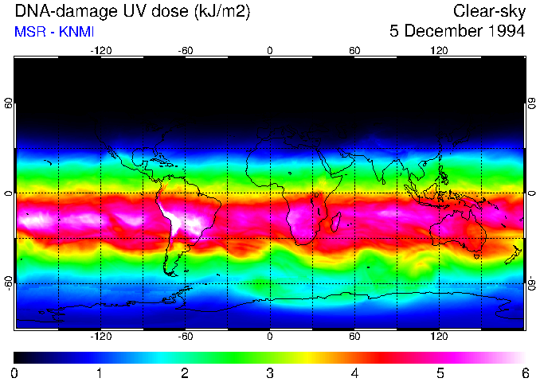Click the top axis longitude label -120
pyautogui.click(x=100, y=50)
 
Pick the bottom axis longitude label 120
pyautogui.click(x=439, y=336)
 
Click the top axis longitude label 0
pyautogui.click(x=270, y=50)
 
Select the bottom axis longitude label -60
pyautogui.click(x=186, y=336)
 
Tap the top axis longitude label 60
pyautogui.click(x=354, y=50)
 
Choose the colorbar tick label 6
pyautogui.click(x=524, y=372)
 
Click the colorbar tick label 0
pyautogui.click(x=15, y=372)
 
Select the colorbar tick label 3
pyautogui.click(x=270, y=372)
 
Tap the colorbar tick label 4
pyautogui.click(x=354, y=372)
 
